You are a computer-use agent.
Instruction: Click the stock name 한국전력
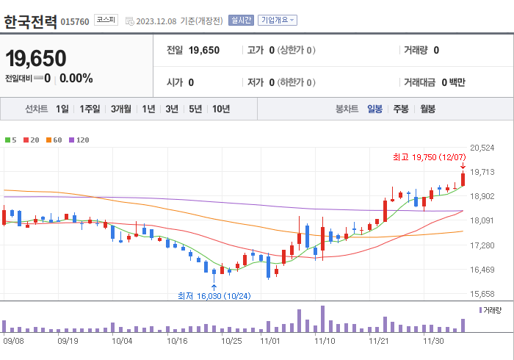pyautogui.click(x=30, y=21)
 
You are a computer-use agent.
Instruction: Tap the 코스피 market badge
pyautogui.click(x=106, y=21)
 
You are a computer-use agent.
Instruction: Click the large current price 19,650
pyautogui.click(x=36, y=58)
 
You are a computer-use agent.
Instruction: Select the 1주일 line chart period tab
pyautogui.click(x=90, y=109)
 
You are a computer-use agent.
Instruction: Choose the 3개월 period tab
pyautogui.click(x=121, y=109)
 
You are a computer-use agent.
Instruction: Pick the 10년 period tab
pyautogui.click(x=220, y=109)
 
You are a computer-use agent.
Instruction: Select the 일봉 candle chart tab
pyautogui.click(x=374, y=109)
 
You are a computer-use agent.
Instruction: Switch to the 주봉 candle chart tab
pyautogui.click(x=400, y=109)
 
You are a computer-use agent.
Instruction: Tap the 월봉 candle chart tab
pyautogui.click(x=427, y=109)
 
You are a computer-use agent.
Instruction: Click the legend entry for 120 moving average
pyautogui.click(x=79, y=140)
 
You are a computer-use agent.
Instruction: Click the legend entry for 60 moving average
pyautogui.click(x=54, y=140)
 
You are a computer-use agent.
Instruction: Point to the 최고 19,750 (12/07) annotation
pyautogui.click(x=429, y=156)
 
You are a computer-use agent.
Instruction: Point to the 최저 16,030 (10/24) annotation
pyautogui.click(x=214, y=296)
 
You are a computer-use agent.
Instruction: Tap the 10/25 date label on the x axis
pyautogui.click(x=231, y=341)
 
